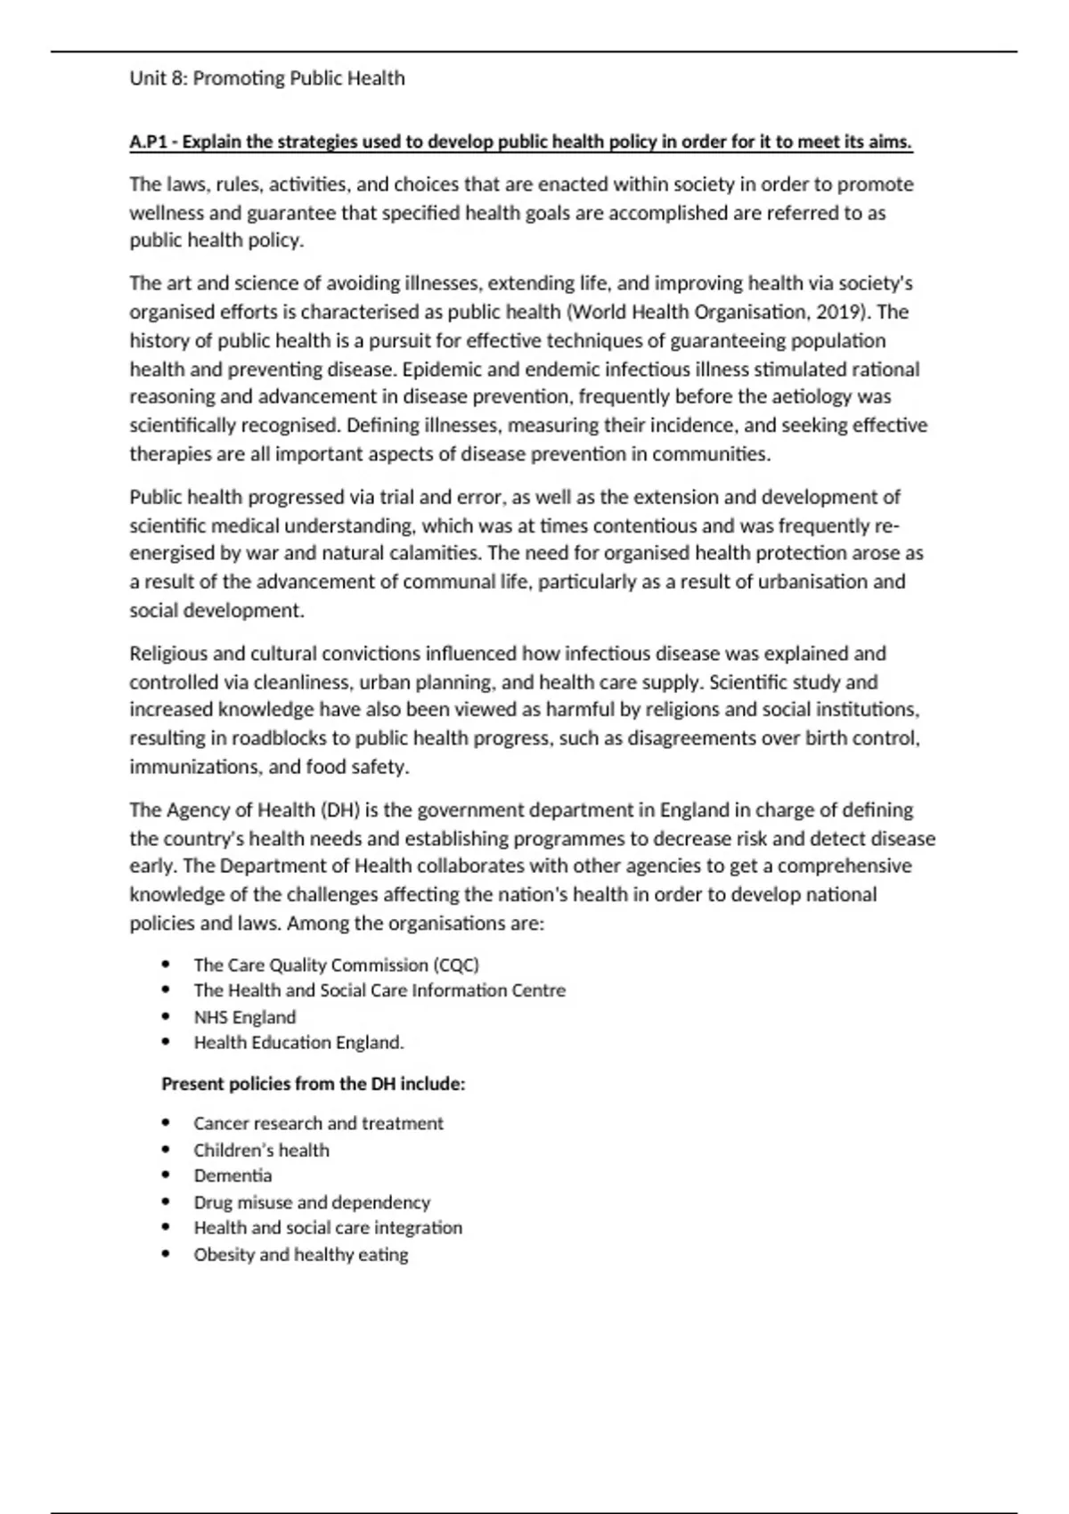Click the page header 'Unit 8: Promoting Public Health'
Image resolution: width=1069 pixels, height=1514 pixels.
pos(267,78)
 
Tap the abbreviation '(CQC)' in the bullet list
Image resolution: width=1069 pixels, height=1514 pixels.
pos(456,965)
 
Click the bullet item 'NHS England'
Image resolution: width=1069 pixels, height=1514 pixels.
pos(245,1017)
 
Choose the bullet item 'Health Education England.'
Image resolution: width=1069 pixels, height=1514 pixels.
pos(299,1042)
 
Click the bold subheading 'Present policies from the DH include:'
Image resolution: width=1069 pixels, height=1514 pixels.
pos(314,1084)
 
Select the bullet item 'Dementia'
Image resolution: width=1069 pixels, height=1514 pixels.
pos(233,1176)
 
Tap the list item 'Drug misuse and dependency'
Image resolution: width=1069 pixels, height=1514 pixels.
pos(312,1202)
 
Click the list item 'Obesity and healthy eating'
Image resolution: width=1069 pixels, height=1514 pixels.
pos(301,1255)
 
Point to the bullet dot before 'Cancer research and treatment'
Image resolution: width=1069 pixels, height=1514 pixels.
pos(167,1124)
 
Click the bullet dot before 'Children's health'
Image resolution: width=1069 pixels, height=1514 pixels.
pos(167,1150)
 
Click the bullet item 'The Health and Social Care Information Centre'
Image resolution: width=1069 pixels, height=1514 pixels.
pos(379,990)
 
